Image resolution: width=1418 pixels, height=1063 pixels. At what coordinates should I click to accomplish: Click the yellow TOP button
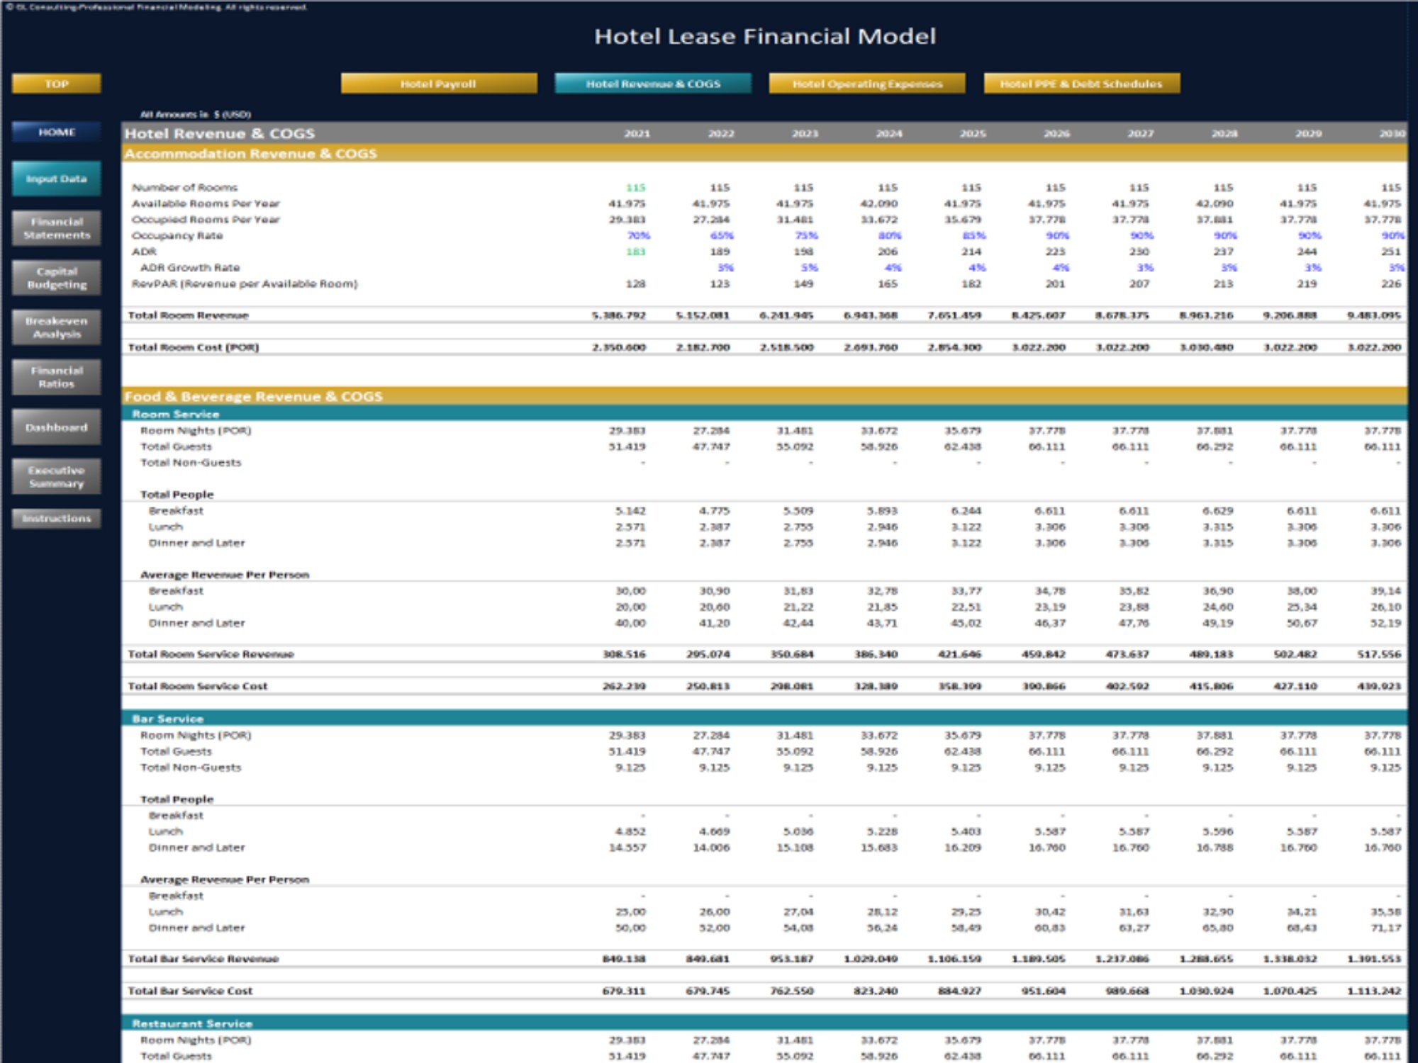coord(56,84)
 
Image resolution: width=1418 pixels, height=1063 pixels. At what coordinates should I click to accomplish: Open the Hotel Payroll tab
coord(438,84)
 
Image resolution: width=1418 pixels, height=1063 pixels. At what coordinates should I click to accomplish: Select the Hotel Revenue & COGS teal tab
coord(652,84)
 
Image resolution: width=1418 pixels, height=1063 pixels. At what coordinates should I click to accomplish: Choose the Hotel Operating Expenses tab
coord(866,84)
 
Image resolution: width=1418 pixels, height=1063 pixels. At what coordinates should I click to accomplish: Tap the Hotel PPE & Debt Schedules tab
coord(1081,84)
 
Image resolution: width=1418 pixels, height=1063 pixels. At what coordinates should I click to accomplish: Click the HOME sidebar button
coord(56,133)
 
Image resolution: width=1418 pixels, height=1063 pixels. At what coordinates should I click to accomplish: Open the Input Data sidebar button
coord(56,179)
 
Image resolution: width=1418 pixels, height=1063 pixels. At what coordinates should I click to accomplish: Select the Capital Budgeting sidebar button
coord(56,278)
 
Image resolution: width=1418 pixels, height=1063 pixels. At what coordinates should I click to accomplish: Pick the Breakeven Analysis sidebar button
coord(56,327)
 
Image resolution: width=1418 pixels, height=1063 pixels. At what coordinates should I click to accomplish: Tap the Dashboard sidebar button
coord(56,427)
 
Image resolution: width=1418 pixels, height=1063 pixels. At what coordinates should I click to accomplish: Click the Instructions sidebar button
coord(56,519)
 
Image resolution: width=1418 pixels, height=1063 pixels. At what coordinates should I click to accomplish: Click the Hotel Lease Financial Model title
coord(764,36)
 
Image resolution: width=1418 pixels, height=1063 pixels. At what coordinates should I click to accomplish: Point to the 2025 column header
coord(972,133)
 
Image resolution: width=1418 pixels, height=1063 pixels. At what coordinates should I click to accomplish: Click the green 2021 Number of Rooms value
coord(635,188)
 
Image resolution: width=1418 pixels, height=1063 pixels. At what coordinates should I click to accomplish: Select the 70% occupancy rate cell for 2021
coord(638,235)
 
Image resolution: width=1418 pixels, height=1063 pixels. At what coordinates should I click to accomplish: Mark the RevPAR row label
coord(244,283)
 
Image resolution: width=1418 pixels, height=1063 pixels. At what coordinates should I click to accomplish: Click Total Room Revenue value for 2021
coord(618,315)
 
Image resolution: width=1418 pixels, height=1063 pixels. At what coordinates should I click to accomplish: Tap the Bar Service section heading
coord(167,719)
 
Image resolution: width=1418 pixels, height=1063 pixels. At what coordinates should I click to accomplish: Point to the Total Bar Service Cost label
coord(189,991)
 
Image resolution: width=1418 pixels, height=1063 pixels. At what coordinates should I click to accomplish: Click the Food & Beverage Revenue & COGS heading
coord(253,396)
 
